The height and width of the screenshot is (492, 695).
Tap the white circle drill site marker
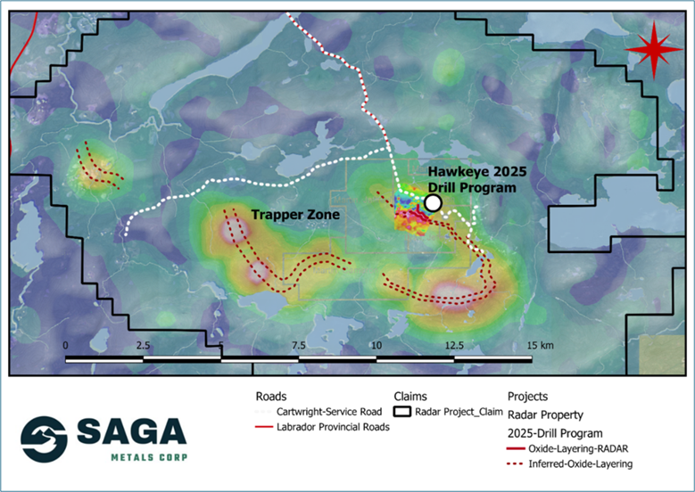[x=433, y=203]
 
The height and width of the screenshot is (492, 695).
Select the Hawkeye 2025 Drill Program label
[x=471, y=180]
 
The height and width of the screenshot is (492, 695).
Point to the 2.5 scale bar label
[x=143, y=345]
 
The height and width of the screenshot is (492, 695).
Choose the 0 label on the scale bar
[x=65, y=345]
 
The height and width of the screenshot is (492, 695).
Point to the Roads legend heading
[x=270, y=396]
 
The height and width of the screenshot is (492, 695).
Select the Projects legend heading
[x=530, y=396]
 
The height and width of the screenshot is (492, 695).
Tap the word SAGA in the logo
[x=130, y=434]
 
